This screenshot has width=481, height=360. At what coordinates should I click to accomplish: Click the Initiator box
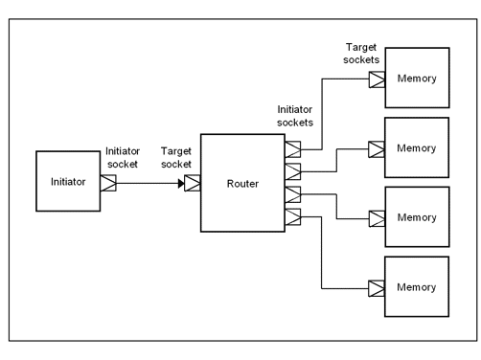pos(68,180)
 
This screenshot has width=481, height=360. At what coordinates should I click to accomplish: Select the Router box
pos(242,183)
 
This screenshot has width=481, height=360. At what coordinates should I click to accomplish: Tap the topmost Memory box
pos(416,79)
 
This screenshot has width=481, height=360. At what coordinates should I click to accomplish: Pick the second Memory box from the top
pos(416,148)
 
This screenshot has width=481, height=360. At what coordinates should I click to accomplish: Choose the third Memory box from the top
pos(416,218)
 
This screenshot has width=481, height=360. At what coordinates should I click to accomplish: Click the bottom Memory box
pos(416,287)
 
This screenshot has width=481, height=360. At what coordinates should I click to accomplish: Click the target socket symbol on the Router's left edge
pos(193,181)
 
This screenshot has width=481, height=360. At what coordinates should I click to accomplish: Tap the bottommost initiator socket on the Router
pos(293,216)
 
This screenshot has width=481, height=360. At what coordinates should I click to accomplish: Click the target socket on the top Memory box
pos(377,79)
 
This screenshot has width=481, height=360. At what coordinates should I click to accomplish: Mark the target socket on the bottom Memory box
pos(377,287)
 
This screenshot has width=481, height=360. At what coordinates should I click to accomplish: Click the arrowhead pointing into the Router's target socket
pos(181,181)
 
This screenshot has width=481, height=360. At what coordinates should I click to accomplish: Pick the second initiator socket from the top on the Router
pos(293,170)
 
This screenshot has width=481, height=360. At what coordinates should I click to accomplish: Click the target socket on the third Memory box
pos(377,218)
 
